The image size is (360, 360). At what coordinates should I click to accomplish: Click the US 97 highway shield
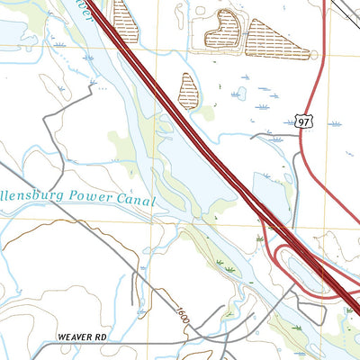click(304, 120)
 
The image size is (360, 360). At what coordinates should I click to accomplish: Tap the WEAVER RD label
click(82, 337)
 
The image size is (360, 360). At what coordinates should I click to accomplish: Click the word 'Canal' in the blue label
click(137, 201)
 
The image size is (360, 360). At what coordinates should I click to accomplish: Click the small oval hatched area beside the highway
click(189, 91)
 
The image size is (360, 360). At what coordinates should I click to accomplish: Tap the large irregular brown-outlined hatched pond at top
click(221, 30)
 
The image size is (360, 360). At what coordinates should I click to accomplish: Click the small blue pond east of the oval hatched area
click(240, 93)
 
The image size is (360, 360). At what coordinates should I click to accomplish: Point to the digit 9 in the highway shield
click(301, 121)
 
